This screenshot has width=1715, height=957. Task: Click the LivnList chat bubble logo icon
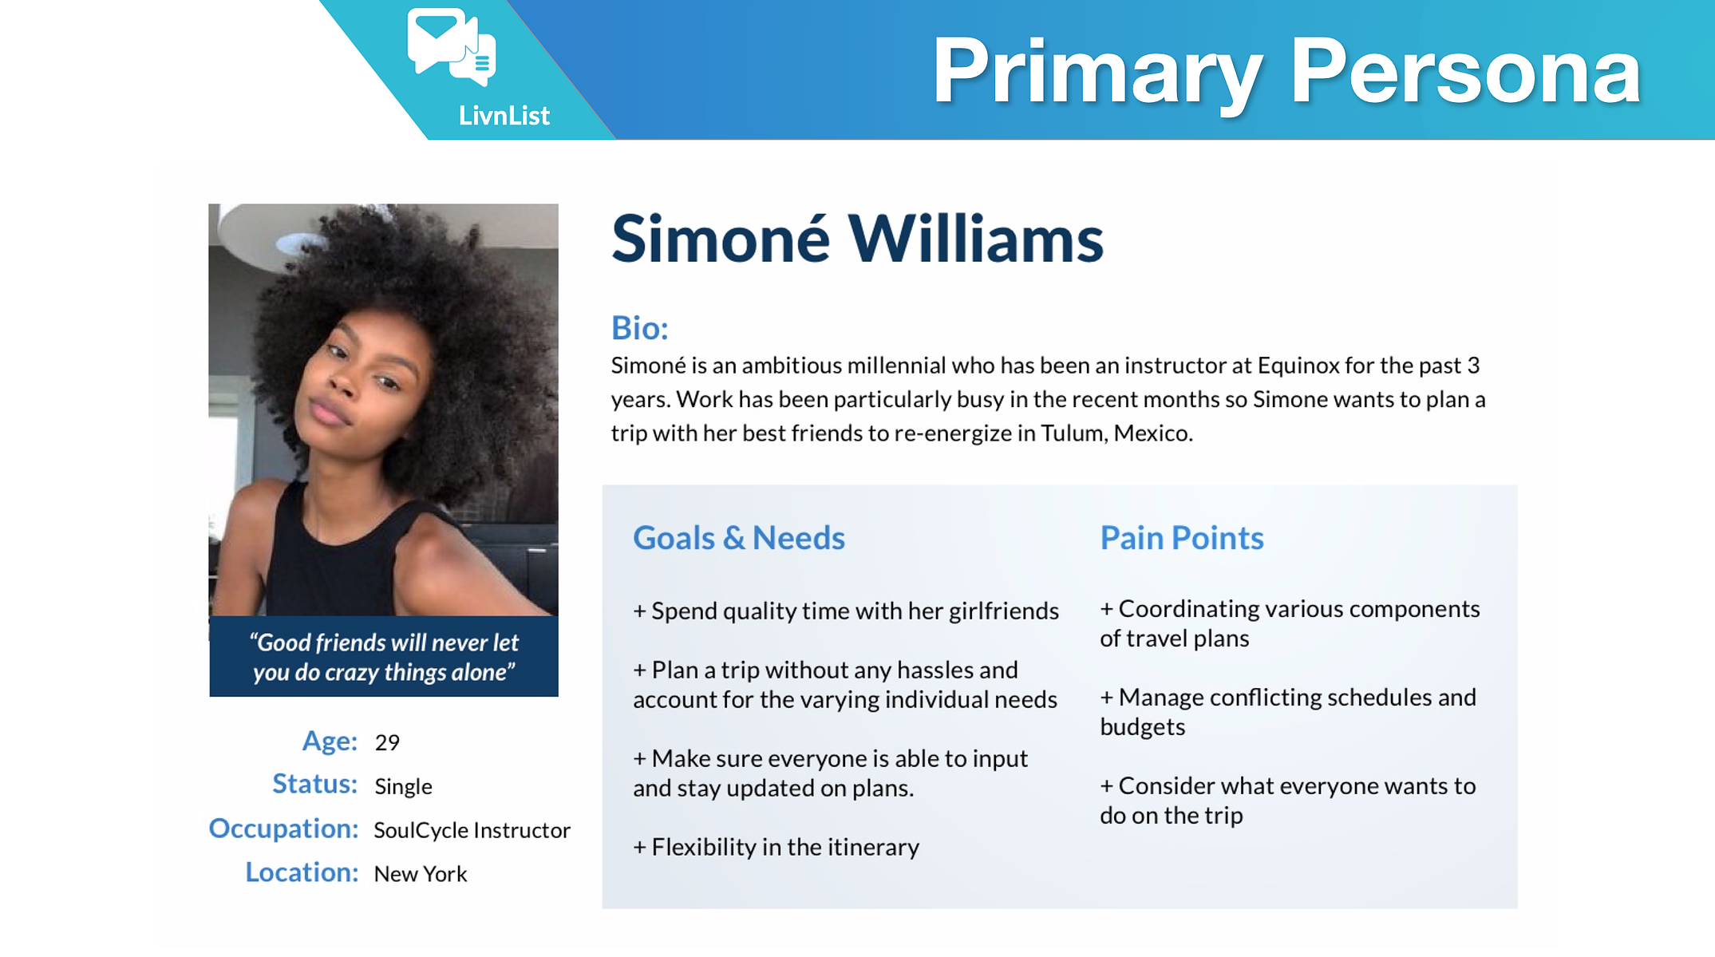452,46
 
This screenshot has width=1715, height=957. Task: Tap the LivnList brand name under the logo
504,116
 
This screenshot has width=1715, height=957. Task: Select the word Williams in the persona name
975,239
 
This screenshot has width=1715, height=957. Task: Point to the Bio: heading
640,328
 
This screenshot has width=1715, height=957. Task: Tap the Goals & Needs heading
739,538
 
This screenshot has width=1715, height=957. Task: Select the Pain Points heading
1182,538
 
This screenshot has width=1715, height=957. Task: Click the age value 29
387,743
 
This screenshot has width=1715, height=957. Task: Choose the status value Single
403,787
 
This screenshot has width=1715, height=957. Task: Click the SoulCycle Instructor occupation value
472,831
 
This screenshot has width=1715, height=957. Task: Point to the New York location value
421,874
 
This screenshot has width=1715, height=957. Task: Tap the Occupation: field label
283,829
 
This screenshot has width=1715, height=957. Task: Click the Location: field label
302,872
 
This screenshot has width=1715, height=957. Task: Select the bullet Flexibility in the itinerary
776,847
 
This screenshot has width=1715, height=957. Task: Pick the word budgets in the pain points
1143,727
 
